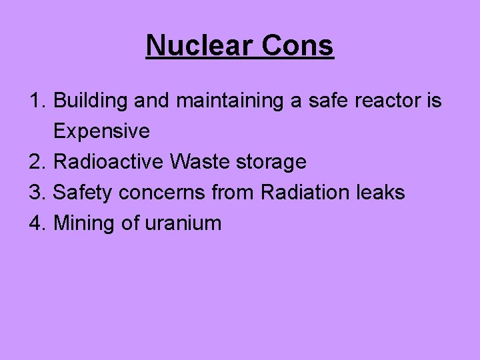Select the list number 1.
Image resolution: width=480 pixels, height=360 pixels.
click(x=37, y=101)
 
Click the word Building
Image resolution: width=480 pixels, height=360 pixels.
click(x=91, y=101)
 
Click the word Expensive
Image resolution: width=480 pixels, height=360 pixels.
click(x=101, y=131)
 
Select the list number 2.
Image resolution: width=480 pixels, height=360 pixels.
click(x=37, y=162)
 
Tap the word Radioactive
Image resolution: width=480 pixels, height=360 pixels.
click(x=108, y=162)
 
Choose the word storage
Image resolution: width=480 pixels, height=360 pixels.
click(x=271, y=162)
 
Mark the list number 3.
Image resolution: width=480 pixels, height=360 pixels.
click(x=37, y=193)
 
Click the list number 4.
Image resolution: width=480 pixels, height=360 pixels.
click(x=37, y=223)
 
